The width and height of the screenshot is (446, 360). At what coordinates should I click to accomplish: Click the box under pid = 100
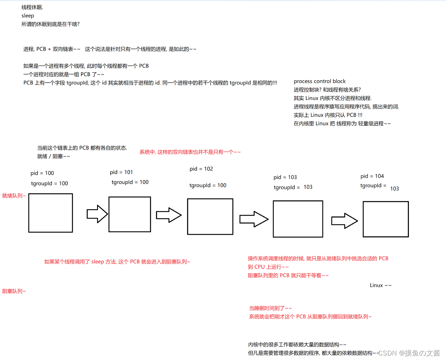point(51,213)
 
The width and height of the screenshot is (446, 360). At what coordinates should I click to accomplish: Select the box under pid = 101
point(130,214)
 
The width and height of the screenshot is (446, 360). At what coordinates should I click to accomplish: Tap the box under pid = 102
point(210,216)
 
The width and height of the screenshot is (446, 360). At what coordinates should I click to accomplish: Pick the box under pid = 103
point(298,219)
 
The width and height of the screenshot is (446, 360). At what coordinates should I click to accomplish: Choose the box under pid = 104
point(385,219)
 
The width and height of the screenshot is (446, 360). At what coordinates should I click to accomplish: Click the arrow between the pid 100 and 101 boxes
point(97,214)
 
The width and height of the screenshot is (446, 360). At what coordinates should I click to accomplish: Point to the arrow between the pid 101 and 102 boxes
point(169,215)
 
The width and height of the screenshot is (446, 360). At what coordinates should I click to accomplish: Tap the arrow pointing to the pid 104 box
point(344,220)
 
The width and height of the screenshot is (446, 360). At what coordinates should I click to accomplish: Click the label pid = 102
point(201,169)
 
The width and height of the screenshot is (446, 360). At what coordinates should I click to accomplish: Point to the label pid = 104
point(372,176)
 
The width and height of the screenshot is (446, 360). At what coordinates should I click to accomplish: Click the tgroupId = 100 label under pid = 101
point(130,182)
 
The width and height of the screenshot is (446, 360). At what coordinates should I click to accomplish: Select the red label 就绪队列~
point(14,196)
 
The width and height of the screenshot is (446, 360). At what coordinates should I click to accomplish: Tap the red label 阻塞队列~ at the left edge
point(14,291)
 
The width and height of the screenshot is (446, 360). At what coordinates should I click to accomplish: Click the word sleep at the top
point(28,16)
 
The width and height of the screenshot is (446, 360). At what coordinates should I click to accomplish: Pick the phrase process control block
point(320,81)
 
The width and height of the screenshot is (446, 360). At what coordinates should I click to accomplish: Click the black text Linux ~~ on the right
point(381,285)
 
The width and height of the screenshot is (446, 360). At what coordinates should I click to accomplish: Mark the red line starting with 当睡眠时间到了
point(270,308)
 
